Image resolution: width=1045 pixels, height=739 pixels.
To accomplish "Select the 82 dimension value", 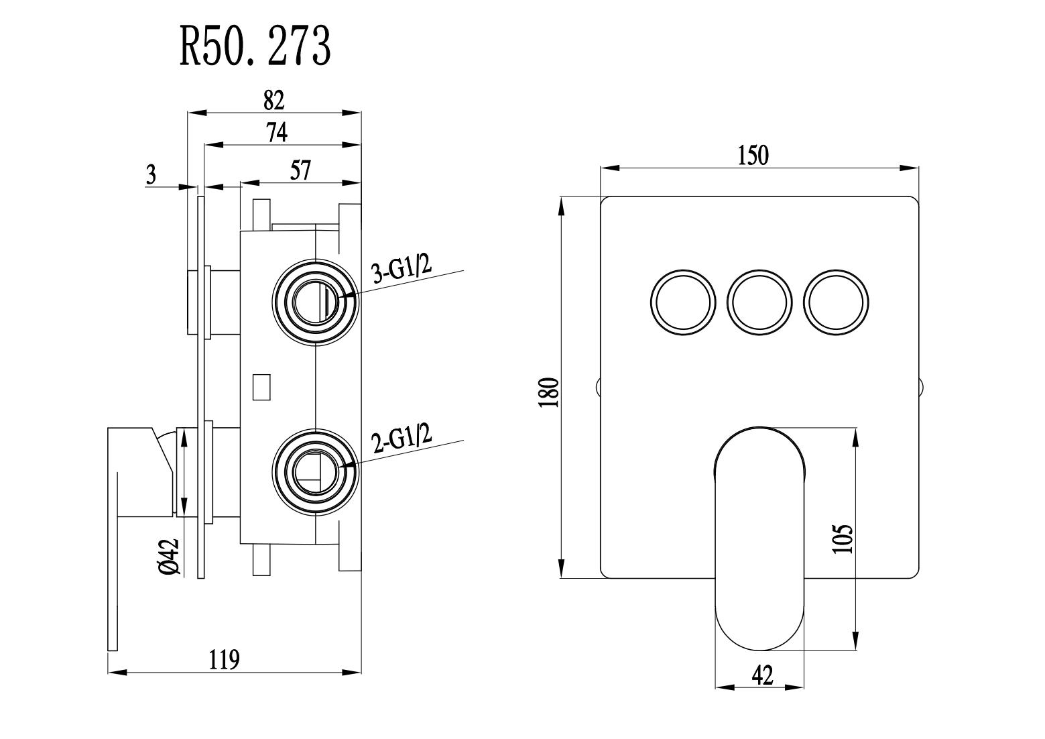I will click(x=274, y=101).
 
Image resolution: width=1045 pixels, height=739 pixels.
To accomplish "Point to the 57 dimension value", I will click(x=301, y=171).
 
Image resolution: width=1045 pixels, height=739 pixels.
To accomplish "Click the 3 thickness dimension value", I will click(x=151, y=176).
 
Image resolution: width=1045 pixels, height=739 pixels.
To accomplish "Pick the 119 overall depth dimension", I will click(x=224, y=659).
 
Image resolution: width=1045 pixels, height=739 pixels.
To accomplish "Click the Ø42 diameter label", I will click(x=168, y=557).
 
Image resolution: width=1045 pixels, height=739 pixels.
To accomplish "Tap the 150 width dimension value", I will click(x=753, y=156).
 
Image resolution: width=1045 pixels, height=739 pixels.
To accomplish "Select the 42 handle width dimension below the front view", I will click(x=762, y=675).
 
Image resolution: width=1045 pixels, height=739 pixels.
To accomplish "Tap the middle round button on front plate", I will click(x=759, y=301).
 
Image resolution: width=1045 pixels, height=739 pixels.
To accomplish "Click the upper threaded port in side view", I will click(x=315, y=302).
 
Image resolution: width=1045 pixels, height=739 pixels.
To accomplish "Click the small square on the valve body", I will click(x=261, y=387).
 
